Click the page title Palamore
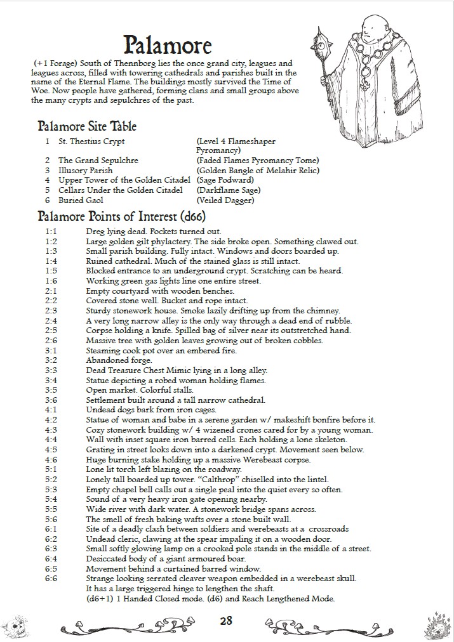point(168,45)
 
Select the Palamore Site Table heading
point(87,126)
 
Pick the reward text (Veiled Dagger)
point(225,200)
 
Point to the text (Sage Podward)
point(224,180)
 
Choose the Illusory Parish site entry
point(85,171)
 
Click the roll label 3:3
point(51,370)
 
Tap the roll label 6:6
point(51,578)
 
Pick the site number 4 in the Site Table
point(47,180)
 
